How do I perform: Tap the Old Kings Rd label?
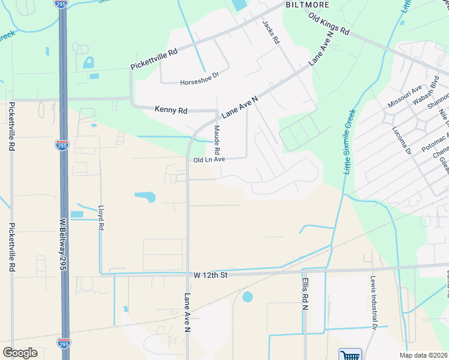(x=328, y=23)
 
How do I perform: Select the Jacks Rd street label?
(x=271, y=32)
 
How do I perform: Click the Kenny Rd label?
(x=171, y=110)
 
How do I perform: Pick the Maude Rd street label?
(x=217, y=143)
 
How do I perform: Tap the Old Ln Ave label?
(x=209, y=160)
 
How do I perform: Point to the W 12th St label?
(x=211, y=275)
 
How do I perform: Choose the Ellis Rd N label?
(x=305, y=293)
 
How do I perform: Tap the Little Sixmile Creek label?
(x=350, y=142)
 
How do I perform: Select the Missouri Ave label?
(x=405, y=97)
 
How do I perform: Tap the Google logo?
(x=20, y=353)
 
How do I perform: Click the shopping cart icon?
(x=350, y=355)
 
